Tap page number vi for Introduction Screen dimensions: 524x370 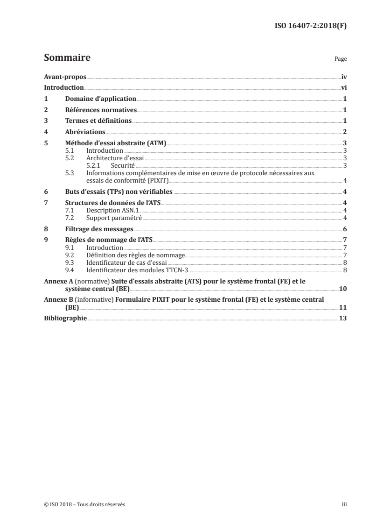343,88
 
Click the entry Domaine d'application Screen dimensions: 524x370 100,99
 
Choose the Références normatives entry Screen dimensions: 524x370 100,110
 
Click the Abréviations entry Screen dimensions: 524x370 85,133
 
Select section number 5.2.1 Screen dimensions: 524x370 94,165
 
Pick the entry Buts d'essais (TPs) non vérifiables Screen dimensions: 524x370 119,191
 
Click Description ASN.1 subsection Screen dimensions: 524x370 107,211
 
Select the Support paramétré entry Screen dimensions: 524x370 114,218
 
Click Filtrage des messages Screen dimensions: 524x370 99,229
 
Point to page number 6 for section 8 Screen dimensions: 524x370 344,229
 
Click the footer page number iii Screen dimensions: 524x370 344,504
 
